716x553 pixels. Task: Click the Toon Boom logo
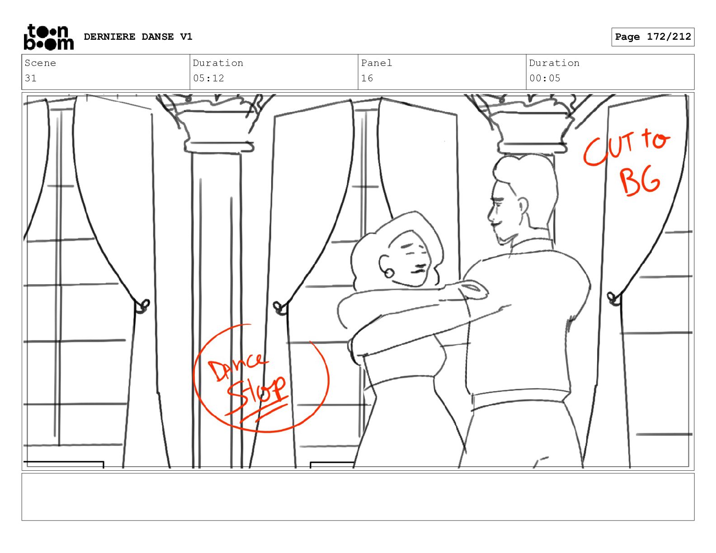pyautogui.click(x=49, y=37)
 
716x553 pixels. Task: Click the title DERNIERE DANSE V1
pyautogui.click(x=138, y=37)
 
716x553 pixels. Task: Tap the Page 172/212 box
pyautogui.click(x=653, y=37)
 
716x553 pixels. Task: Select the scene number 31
pyautogui.click(x=31, y=78)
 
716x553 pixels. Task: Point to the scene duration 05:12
pyautogui.click(x=208, y=78)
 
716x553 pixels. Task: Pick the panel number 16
pyautogui.click(x=367, y=78)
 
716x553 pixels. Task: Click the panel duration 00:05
pyautogui.click(x=545, y=78)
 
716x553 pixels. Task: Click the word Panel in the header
pyautogui.click(x=377, y=63)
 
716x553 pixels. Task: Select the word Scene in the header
pyautogui.click(x=40, y=63)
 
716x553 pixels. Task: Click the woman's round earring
pyautogui.click(x=389, y=273)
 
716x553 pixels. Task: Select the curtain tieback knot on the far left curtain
pyautogui.click(x=142, y=306)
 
